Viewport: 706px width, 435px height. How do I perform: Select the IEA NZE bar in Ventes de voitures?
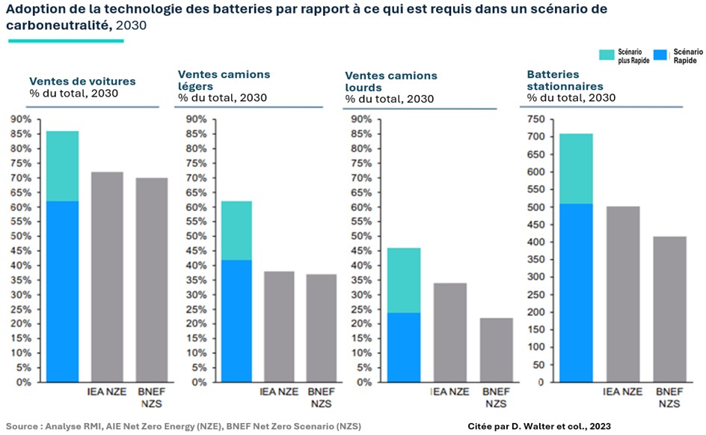pos(106,277)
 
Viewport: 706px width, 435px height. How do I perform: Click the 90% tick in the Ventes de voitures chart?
pos(20,120)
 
